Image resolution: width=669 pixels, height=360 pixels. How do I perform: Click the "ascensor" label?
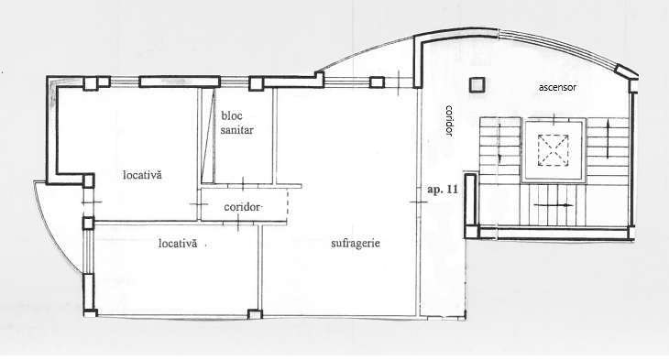[x=557, y=87]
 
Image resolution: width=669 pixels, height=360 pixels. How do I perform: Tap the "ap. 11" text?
[x=443, y=190]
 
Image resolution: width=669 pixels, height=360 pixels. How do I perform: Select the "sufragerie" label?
[x=356, y=244]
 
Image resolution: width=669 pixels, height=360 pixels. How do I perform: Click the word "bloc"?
[x=232, y=115]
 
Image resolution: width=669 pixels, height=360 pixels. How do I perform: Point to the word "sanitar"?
[x=236, y=130]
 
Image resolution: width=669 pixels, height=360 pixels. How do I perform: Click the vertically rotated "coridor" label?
[x=448, y=121]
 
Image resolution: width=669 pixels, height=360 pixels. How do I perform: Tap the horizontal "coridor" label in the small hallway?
[x=242, y=207]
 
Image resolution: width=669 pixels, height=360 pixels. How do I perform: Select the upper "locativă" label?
[x=142, y=175]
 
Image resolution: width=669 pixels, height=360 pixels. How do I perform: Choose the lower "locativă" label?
[x=178, y=244]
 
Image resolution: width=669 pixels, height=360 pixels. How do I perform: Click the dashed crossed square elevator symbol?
[x=553, y=150]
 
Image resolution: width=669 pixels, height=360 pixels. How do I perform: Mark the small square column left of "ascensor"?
[x=477, y=85]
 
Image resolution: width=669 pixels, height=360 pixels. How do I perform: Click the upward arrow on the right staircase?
[x=608, y=133]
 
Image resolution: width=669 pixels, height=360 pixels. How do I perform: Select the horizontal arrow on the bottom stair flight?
[x=554, y=205]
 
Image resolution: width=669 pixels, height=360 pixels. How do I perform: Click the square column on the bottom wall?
[x=255, y=314]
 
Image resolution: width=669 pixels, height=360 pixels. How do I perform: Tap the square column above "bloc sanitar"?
[x=255, y=83]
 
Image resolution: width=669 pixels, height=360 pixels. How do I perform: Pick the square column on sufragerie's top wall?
[x=377, y=82]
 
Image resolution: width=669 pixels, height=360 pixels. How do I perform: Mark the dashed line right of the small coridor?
[x=288, y=202]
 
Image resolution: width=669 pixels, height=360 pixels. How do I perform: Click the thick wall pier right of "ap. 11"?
[x=471, y=205]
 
